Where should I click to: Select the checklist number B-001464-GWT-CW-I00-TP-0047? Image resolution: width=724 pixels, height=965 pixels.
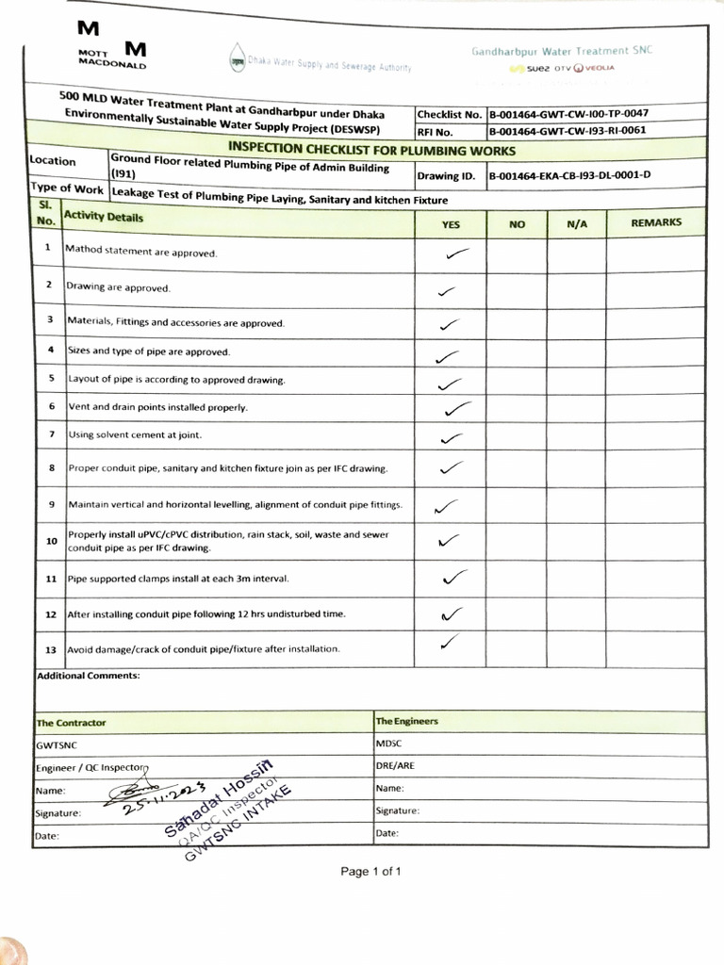coord(567,113)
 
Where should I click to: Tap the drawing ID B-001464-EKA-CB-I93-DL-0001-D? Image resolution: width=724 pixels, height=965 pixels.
coord(568,174)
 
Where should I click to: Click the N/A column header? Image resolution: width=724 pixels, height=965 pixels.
coord(576,224)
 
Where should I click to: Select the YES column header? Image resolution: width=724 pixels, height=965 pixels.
coord(451,224)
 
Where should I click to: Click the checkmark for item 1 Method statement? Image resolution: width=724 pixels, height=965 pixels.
coord(457,254)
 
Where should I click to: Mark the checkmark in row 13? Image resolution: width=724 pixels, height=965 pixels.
coord(452,643)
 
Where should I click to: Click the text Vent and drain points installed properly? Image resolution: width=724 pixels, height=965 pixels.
coord(157,407)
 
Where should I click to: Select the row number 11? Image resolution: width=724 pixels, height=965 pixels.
coord(51,578)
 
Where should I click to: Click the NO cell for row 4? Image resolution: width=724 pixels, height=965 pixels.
coord(517,354)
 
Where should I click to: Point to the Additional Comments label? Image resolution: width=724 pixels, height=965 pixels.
coord(88,676)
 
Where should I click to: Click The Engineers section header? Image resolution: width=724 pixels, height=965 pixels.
coord(407,721)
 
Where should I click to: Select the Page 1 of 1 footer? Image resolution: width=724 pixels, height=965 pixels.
coord(370,871)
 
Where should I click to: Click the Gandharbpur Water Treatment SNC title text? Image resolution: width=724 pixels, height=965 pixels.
coord(562,50)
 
